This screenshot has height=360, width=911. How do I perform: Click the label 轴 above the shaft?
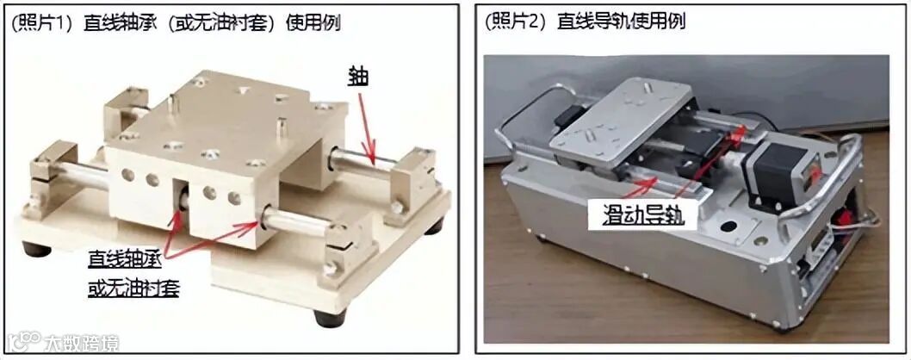click(359, 76)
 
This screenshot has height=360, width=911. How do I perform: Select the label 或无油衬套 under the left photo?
click(133, 287)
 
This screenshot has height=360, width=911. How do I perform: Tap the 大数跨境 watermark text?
click(81, 343)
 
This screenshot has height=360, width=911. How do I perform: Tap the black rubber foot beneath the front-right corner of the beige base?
click(329, 319)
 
